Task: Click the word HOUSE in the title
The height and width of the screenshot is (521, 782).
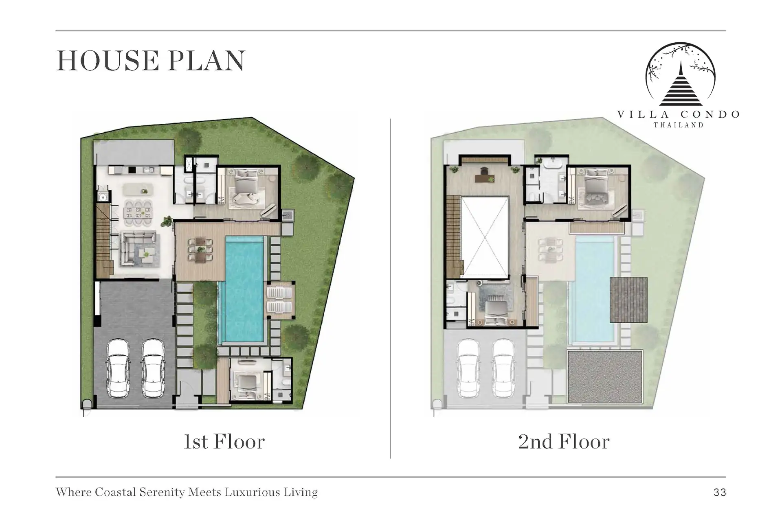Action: (x=108, y=61)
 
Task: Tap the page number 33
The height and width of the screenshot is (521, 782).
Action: (x=720, y=493)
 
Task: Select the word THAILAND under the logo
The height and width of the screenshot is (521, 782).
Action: (x=679, y=125)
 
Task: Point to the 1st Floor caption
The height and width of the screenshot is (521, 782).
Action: (x=224, y=442)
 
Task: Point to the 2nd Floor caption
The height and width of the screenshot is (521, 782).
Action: (x=564, y=442)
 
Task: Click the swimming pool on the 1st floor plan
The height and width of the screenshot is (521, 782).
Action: (x=244, y=289)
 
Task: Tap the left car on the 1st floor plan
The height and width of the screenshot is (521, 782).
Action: (x=119, y=369)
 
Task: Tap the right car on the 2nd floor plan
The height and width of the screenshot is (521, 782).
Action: (x=504, y=369)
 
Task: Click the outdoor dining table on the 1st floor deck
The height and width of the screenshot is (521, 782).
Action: (x=200, y=250)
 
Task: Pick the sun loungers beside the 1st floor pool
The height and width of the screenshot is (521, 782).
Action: (x=279, y=300)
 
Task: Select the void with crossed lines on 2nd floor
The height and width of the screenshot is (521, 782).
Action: (x=485, y=237)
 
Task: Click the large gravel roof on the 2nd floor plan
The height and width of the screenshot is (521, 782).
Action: (x=605, y=377)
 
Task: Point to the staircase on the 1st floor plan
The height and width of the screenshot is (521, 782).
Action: (x=103, y=241)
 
